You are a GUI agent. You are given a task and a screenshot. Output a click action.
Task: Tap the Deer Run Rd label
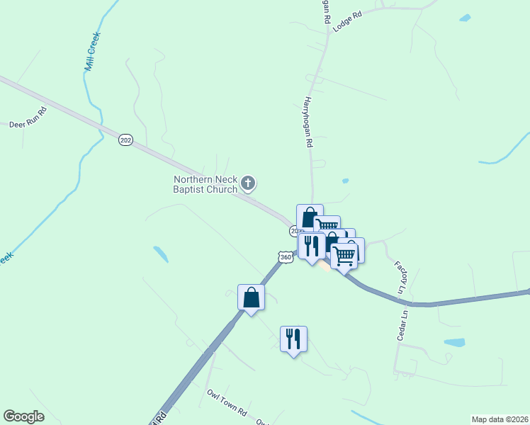pyautogui.click(x=28, y=119)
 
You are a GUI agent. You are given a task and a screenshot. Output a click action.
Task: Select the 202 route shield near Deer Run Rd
pyautogui.click(x=125, y=140)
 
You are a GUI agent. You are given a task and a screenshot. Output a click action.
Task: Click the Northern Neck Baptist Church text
pyautogui.click(x=205, y=184)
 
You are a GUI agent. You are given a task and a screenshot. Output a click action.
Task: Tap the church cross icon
pyautogui.click(x=248, y=184)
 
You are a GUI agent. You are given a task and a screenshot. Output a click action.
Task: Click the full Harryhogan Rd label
pyautogui.click(x=309, y=122)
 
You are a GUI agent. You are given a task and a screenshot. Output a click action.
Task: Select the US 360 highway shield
pyautogui.click(x=285, y=258)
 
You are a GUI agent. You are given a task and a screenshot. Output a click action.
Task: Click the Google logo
pyautogui.click(x=23, y=416)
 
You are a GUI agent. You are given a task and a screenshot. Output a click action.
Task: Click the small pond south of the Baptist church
pyautogui.click(x=161, y=253)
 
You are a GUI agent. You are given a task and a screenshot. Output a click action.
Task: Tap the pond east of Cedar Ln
pyautogui.click(x=454, y=342)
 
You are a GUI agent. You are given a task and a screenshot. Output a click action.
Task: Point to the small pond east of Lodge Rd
pyautogui.click(x=464, y=18)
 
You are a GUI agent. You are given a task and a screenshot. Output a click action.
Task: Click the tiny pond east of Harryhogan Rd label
pyautogui.click(x=345, y=181)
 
